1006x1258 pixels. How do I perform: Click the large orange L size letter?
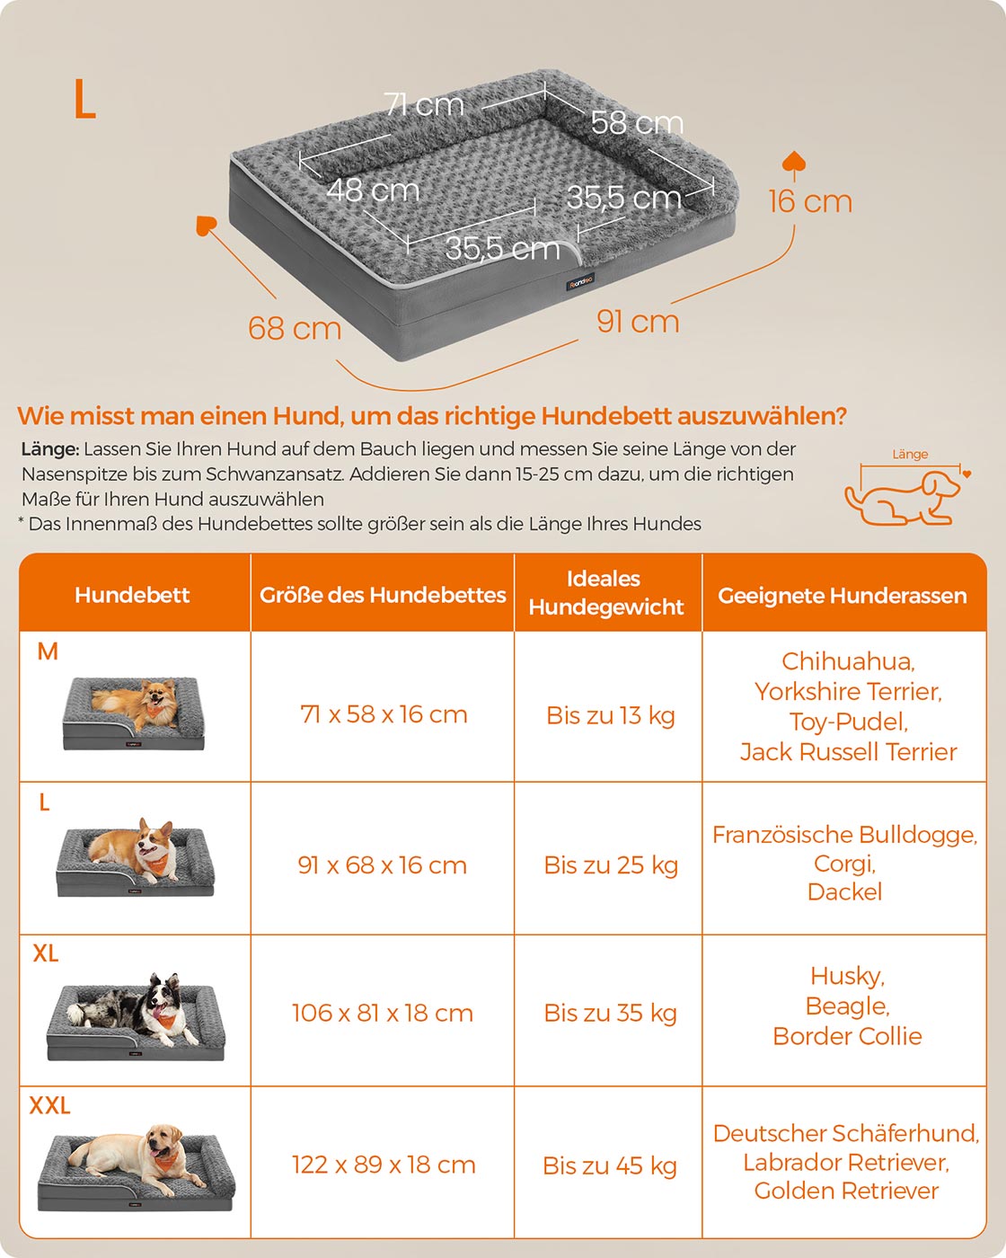pyautogui.click(x=84, y=100)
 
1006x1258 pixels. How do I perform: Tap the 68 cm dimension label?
pyautogui.click(x=294, y=328)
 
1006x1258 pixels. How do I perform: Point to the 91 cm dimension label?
pyautogui.click(x=638, y=322)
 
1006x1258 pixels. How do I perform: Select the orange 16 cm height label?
pyautogui.click(x=810, y=201)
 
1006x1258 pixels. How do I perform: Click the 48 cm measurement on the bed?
pyautogui.click(x=373, y=190)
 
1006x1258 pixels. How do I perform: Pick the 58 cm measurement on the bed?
pyautogui.click(x=637, y=122)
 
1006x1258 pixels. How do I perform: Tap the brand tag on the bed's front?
pyautogui.click(x=580, y=282)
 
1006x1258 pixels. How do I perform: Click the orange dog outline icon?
pyautogui.click(x=902, y=497)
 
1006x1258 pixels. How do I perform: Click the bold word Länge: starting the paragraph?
pyautogui.click(x=50, y=449)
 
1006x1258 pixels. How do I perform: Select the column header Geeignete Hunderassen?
pyautogui.click(x=843, y=596)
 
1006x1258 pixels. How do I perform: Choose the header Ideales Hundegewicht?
pyautogui.click(x=606, y=593)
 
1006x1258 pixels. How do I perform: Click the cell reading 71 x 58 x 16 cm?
pyautogui.click(x=384, y=714)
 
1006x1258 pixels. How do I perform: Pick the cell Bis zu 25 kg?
pyautogui.click(x=611, y=865)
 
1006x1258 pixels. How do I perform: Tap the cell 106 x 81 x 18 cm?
pyautogui.click(x=383, y=1013)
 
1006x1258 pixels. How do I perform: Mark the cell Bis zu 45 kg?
pyautogui.click(x=610, y=1165)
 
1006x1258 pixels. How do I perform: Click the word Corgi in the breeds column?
pyautogui.click(x=844, y=864)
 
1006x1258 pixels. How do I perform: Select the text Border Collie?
pyautogui.click(x=847, y=1036)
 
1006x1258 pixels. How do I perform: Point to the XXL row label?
pyautogui.click(x=49, y=1105)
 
